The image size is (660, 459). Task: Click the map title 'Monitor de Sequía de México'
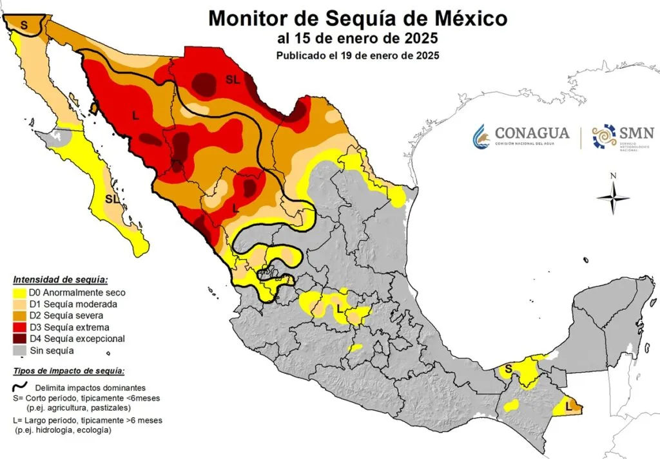click(357, 18)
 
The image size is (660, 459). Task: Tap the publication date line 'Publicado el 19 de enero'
click(358, 55)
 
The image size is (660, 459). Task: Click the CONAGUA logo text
click(532, 133)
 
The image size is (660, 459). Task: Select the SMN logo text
click(636, 133)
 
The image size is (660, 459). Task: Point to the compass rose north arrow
click(614, 196)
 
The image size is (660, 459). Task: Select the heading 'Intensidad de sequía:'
click(61, 280)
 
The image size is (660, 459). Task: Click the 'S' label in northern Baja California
click(24, 24)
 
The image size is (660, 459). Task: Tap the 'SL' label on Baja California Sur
click(113, 199)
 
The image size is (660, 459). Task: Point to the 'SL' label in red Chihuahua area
click(232, 79)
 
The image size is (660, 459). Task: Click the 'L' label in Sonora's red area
click(135, 115)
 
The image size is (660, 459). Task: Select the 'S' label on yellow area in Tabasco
click(508, 369)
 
